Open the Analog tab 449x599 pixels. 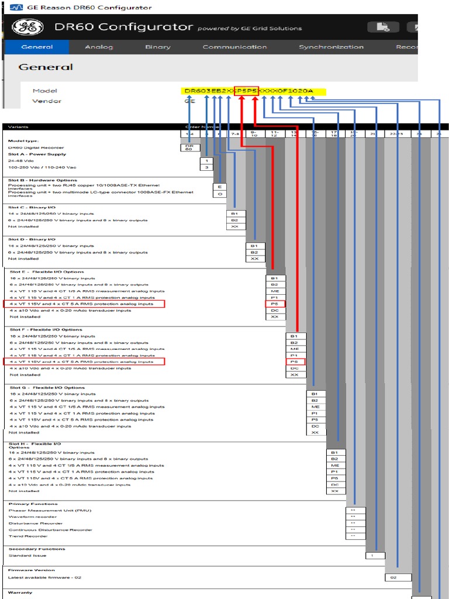point(99,47)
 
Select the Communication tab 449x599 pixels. point(234,47)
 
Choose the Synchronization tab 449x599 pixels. point(331,47)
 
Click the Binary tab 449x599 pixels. point(158,47)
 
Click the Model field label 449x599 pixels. point(45,91)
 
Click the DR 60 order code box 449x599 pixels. point(189,148)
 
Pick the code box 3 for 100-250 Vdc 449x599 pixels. point(207,167)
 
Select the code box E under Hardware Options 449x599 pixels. point(220,186)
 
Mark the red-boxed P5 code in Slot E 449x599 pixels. point(275,304)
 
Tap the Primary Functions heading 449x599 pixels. point(33,504)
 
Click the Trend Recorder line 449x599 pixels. point(29,536)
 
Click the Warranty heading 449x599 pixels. point(20,593)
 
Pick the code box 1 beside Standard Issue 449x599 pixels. point(375,555)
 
